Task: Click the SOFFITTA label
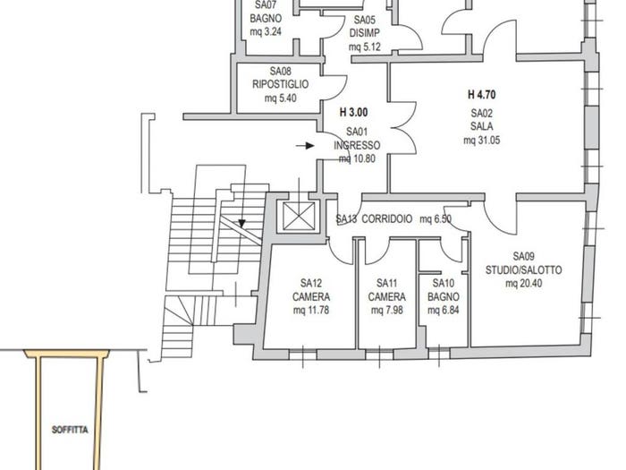coord(70,430)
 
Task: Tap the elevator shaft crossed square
coord(299,217)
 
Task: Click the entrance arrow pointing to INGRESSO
coord(305,146)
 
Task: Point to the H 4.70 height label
coord(481,95)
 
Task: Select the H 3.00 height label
coord(353,113)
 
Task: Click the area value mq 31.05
coord(481,141)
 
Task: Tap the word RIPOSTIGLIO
coord(280,84)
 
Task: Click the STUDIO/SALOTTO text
coord(523,269)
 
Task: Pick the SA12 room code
coord(311,284)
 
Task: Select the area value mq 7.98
coord(386,310)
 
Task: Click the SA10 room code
coord(444,284)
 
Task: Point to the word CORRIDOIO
coord(387,219)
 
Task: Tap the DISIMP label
coord(365,33)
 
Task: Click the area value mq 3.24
coord(266,31)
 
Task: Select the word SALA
coord(481,126)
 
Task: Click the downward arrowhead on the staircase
coord(241,224)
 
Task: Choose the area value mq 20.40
coord(523,284)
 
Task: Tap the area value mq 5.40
coord(280,98)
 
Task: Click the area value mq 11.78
coord(311,310)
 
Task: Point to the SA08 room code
coord(280,71)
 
